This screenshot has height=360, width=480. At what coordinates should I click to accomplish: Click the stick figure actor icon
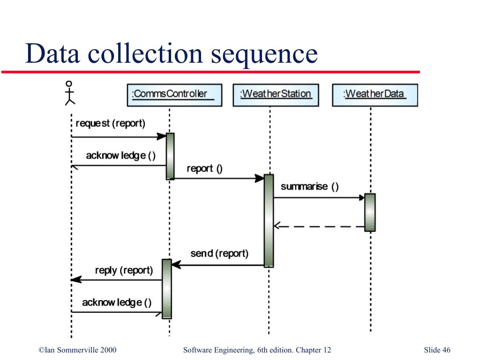(x=70, y=93)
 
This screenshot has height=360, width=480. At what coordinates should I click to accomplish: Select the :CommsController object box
(x=174, y=95)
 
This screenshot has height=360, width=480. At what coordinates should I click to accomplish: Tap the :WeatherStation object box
(x=276, y=95)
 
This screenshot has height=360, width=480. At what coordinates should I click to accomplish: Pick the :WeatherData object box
(x=375, y=95)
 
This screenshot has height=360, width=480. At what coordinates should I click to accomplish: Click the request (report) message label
(x=110, y=123)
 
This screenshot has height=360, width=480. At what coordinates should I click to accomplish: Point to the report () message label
(x=204, y=169)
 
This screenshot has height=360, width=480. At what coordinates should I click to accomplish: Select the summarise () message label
(x=309, y=187)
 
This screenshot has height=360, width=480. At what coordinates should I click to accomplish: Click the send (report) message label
(x=219, y=254)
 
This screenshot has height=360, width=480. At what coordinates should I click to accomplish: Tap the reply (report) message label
(x=124, y=270)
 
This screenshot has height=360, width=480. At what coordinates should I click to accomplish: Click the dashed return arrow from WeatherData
(x=319, y=226)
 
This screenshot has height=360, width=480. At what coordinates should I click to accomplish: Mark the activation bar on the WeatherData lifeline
(x=370, y=212)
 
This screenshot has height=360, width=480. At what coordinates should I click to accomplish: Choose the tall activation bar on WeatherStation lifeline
(x=269, y=221)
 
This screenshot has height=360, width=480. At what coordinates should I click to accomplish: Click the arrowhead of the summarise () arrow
(x=361, y=197)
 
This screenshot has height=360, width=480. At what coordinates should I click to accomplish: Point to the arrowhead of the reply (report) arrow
(x=76, y=279)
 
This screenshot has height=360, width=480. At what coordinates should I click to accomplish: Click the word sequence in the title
(x=264, y=54)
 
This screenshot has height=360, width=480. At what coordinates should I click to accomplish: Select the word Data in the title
(x=52, y=53)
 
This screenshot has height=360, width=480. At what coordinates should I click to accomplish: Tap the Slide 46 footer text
(x=437, y=350)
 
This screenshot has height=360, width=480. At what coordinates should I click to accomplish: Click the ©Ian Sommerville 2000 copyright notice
(x=77, y=350)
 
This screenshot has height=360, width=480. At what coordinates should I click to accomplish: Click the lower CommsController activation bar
(x=166, y=289)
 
